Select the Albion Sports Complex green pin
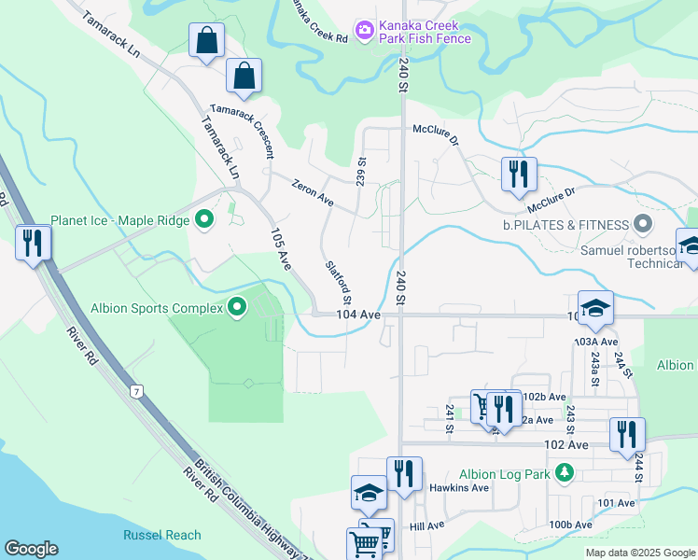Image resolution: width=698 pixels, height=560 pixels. click(238, 307)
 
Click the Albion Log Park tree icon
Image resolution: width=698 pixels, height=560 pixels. click(564, 474)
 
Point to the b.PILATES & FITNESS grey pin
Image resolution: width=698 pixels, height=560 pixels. click(642, 224)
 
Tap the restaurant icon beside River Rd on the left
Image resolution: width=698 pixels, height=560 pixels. click(34, 243)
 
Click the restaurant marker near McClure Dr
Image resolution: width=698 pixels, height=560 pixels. click(518, 174)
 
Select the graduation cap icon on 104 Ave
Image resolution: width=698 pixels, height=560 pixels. click(594, 309)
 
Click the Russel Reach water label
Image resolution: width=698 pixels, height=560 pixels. click(161, 535)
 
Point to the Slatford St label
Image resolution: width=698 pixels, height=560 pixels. click(338, 281)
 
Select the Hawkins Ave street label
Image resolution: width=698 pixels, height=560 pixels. click(459, 488)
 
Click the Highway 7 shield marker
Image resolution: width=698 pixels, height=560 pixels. click(137, 389)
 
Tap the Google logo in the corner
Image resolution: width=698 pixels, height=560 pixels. click(31, 549)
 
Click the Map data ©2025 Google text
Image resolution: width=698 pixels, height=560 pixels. click(640, 553)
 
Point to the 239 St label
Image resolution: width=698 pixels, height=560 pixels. click(361, 170)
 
